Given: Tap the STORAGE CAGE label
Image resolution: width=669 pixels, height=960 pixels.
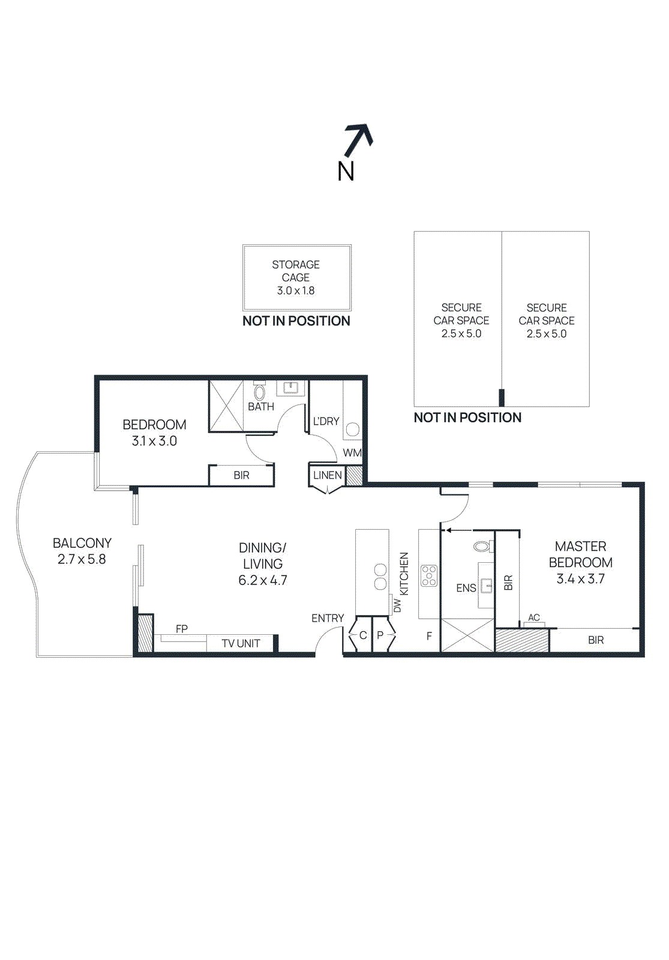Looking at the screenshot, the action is point(296,271).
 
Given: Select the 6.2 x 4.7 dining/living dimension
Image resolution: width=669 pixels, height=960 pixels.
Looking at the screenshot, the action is point(263,580).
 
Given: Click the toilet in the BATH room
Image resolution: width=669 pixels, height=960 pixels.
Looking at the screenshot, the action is point(259,391).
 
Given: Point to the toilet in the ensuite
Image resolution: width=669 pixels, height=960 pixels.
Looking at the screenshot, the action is point(484,547).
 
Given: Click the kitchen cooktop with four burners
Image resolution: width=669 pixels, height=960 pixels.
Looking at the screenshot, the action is point(429,575).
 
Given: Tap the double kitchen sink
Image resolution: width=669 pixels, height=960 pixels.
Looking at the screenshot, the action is point(380,577).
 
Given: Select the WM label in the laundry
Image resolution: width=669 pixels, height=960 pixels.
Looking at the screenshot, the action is point(352,452).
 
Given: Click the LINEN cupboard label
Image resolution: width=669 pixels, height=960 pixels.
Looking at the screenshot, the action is point(328,475).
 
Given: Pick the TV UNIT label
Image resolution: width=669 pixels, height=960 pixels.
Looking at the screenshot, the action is point(241,643).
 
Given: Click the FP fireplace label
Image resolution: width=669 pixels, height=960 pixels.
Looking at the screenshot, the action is point(182,629).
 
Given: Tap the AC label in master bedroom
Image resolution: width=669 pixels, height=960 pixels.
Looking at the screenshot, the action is point(533,617).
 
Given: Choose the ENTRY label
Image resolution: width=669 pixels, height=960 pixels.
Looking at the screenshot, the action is point(328,618).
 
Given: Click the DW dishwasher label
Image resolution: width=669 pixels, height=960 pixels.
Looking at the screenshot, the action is point(397,605).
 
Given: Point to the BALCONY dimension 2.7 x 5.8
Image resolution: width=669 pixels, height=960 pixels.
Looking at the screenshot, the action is point(82,559).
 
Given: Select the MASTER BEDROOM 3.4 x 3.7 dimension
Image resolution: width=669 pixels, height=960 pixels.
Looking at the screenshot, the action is point(580,578).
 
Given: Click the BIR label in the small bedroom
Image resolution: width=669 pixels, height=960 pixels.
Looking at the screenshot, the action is point(241,475).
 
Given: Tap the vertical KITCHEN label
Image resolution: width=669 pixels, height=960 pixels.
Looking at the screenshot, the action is point(404,574).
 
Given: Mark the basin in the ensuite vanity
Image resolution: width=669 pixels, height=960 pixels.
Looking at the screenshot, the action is point(486,585).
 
